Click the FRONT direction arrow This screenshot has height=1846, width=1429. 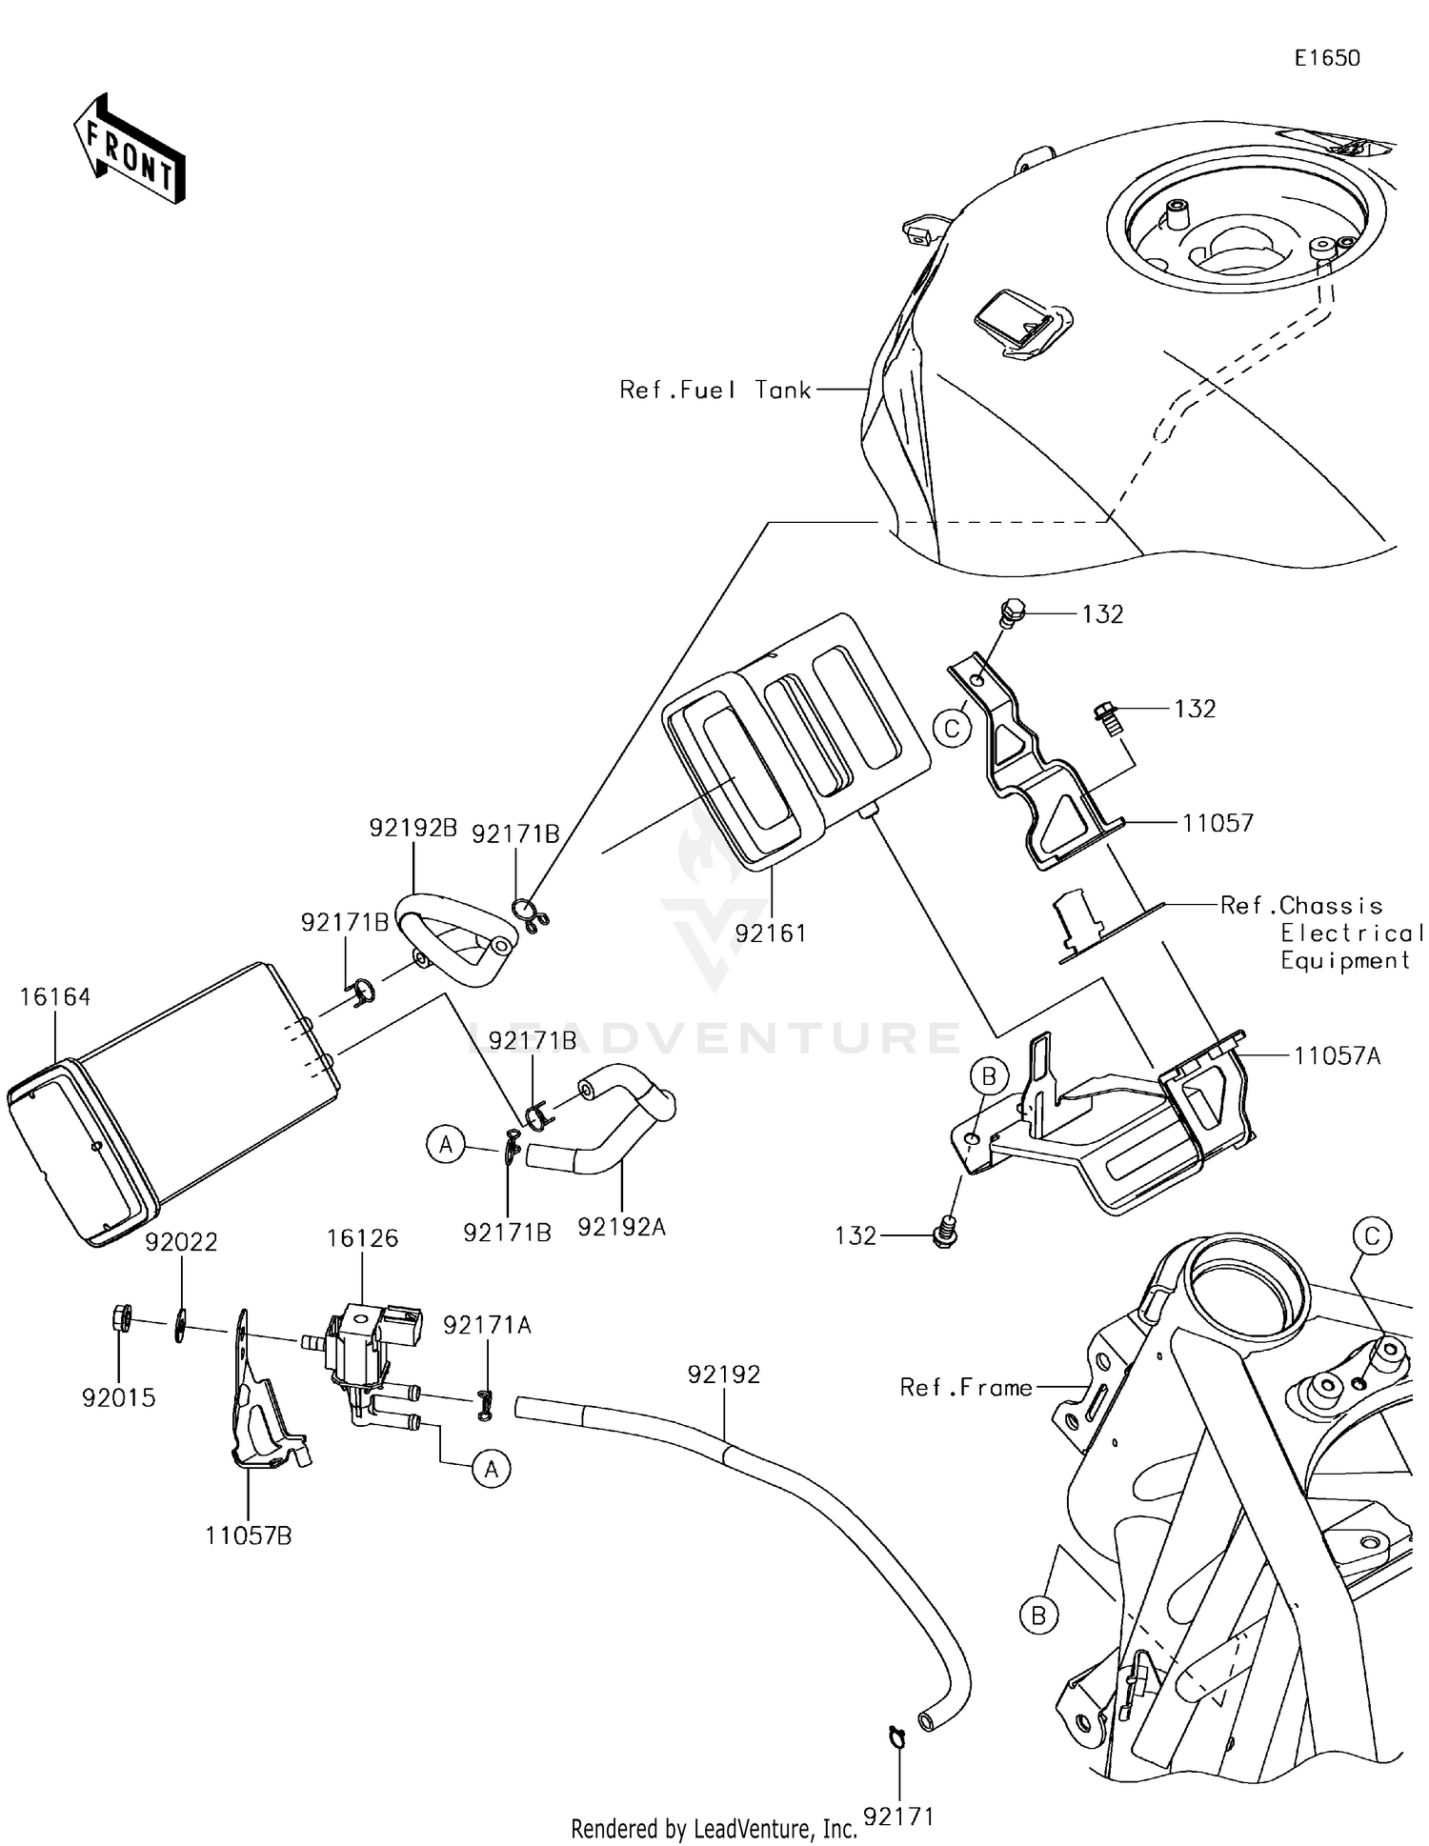130,150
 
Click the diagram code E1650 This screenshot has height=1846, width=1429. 1326,58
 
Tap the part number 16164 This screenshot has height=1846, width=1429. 55,996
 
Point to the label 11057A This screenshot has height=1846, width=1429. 1337,1055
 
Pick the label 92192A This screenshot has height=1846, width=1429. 621,1228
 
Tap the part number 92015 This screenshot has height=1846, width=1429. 119,1397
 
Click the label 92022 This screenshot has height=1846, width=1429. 181,1241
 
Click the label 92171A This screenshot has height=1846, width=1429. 487,1324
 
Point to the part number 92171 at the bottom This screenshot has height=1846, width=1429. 898,1816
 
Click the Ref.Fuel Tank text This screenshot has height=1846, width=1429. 714,390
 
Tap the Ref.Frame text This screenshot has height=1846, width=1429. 966,1388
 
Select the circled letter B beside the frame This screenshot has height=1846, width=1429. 1038,1615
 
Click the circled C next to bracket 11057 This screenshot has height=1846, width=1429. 951,730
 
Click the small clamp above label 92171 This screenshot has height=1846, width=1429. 896,1736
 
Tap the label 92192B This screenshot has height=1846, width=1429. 413,828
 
